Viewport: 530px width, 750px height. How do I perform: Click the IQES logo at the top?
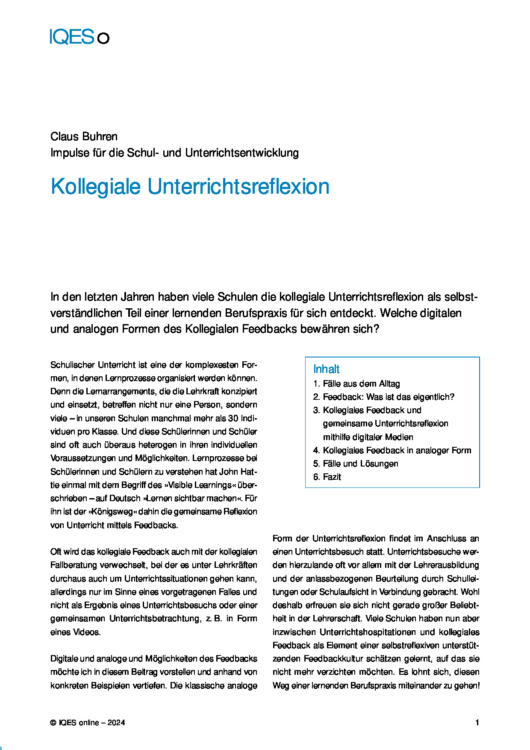tap(79, 37)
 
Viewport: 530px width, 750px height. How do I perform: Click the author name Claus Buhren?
tap(84, 136)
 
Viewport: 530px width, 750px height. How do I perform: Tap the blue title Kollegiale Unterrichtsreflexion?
tap(190, 186)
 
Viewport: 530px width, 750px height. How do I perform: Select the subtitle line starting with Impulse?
tap(174, 153)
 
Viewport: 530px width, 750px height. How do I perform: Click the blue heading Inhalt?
tap(326, 369)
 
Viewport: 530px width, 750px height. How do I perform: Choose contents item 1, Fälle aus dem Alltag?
tap(361, 384)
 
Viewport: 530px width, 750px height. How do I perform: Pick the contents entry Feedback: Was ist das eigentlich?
tap(388, 397)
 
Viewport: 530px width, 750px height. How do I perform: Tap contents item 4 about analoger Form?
tap(397, 450)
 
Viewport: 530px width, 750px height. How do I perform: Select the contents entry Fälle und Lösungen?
tap(360, 464)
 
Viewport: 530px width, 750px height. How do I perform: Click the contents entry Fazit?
tap(332, 477)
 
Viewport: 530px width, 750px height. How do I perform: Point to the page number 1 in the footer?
tap(477, 723)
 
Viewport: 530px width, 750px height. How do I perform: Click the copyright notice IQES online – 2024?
tap(88, 723)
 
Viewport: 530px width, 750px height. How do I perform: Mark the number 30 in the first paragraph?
tap(233, 418)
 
